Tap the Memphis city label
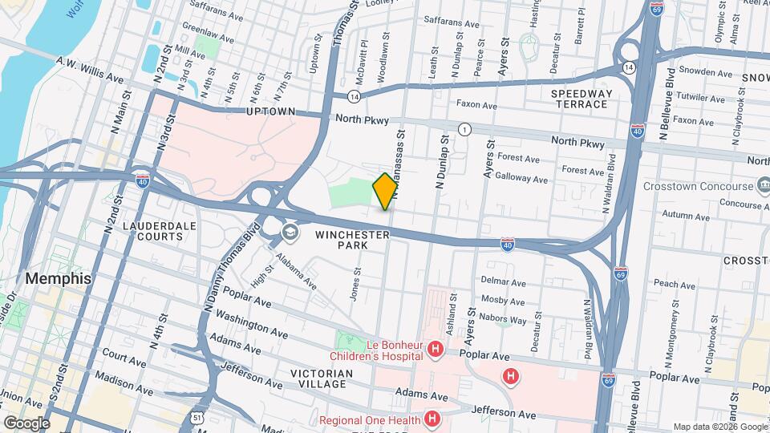click(58, 279)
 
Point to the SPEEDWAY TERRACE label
click(581, 99)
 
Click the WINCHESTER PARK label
click(352, 240)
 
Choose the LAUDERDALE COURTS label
click(159, 232)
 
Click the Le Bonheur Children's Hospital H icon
click(436, 349)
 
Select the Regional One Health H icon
click(432, 419)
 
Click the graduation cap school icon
click(289, 233)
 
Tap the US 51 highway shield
click(197, 417)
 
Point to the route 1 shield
click(464, 129)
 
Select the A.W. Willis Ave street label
click(90, 70)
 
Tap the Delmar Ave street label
click(503, 281)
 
